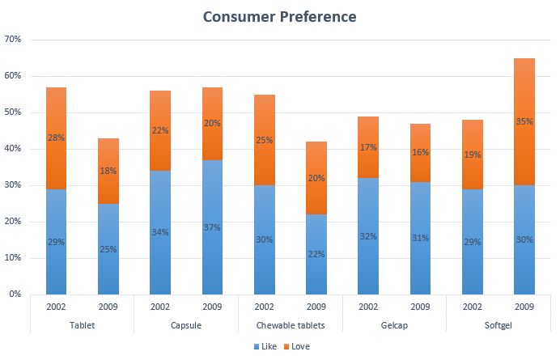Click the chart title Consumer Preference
pyautogui.click(x=279, y=16)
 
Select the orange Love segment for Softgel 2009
pyautogui.click(x=524, y=97)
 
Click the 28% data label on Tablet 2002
pyautogui.click(x=56, y=138)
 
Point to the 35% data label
pyautogui.click(x=524, y=122)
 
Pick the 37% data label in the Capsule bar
pyautogui.click(x=213, y=227)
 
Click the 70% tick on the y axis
pyautogui.click(x=13, y=39)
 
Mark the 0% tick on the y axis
pyautogui.click(x=15, y=294)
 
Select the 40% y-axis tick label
pyautogui.click(x=13, y=149)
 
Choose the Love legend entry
pyautogui.click(x=296, y=346)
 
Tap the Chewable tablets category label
pyautogui.click(x=291, y=324)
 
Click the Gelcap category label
pyautogui.click(x=394, y=324)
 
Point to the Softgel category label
pyautogui.click(x=498, y=324)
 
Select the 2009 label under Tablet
pyautogui.click(x=108, y=307)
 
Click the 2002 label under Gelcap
pyautogui.click(x=368, y=307)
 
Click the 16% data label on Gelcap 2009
pyautogui.click(x=421, y=152)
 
